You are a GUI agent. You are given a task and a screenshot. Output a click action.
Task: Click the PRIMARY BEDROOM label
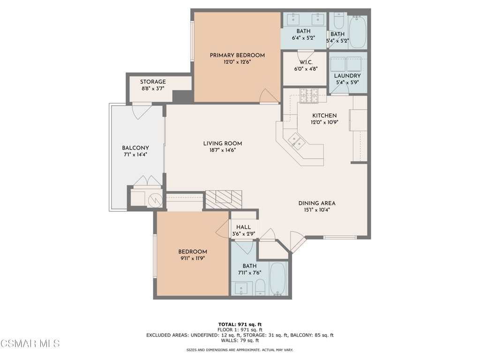coord(237,55)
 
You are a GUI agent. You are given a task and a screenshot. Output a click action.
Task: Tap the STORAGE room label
coord(153,82)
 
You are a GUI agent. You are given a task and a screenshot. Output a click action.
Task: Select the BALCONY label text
coord(135,148)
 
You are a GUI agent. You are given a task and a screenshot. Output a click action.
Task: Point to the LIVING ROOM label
coord(223,143)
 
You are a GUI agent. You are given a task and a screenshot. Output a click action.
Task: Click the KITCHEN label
coord(324,116)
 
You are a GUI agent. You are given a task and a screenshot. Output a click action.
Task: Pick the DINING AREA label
coord(317,203)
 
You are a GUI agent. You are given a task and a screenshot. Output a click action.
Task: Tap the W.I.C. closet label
coord(306,62)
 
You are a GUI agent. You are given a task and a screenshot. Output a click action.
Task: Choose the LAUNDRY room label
coord(347,76)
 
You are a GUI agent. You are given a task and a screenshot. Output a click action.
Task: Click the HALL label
coord(243,227)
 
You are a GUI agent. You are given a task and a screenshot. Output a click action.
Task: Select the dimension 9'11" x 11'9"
coord(192,258)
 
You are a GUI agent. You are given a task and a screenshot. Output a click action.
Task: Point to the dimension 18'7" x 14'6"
coord(223,150)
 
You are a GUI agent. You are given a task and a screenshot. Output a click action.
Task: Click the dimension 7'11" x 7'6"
coord(249,273)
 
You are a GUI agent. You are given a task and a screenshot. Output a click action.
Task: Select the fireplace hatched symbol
coord(224,199)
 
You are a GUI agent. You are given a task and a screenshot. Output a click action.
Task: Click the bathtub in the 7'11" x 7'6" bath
coord(277,279)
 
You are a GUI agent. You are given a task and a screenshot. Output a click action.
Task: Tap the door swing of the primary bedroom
coord(268,96)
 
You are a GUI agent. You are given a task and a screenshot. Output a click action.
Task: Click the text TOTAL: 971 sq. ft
coord(240,324)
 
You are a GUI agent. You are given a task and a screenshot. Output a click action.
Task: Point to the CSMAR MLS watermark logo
coord(30,344)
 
